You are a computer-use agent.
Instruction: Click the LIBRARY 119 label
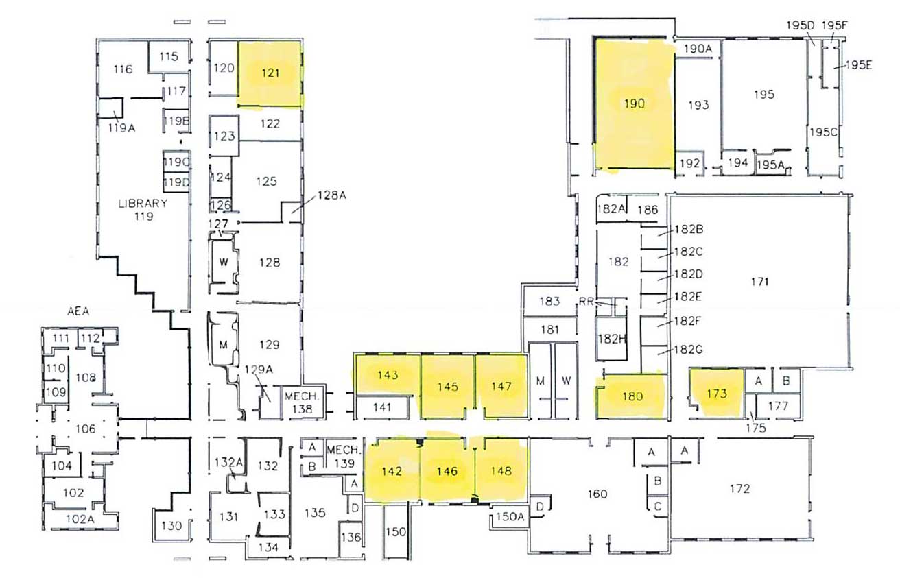[143, 209]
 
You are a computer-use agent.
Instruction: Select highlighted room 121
[271, 73]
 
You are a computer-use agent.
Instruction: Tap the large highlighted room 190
[634, 104]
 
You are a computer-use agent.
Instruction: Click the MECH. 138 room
[299, 402]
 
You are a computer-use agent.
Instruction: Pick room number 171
[759, 281]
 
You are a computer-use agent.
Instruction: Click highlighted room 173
[716, 394]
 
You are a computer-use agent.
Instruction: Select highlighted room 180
[632, 396]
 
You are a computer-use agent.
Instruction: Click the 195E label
[858, 66]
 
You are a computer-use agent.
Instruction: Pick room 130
[170, 526]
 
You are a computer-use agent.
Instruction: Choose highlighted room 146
[447, 471]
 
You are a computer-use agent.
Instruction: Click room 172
[739, 489]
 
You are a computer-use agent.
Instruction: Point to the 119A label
[121, 126]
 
